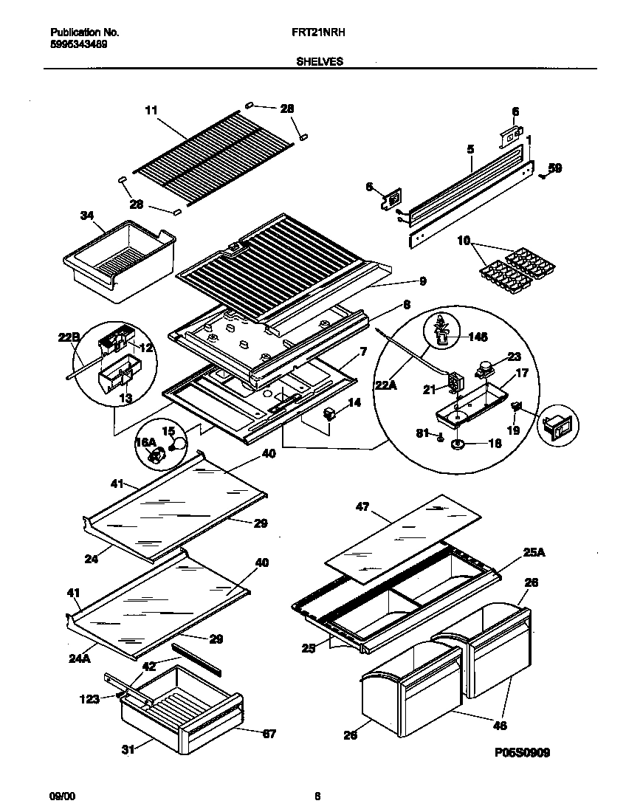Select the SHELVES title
(x=319, y=62)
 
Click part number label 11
(x=151, y=111)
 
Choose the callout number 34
(x=87, y=216)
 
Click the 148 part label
(x=478, y=338)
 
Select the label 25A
(x=516, y=552)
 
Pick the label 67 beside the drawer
(x=269, y=733)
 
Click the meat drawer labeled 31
(x=177, y=709)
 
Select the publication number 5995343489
(x=80, y=44)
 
